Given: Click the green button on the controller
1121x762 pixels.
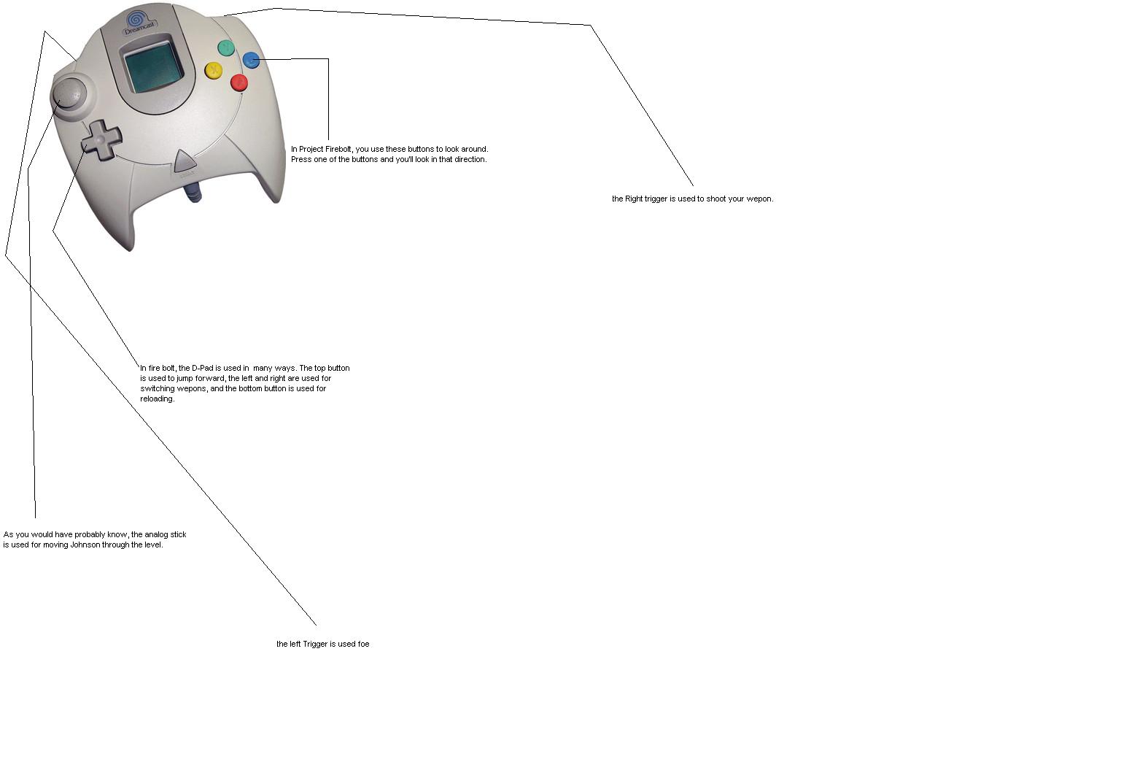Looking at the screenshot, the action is point(226,48).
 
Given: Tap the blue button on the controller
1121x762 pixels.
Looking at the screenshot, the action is point(251,60).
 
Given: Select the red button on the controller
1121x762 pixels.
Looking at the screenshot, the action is point(239,82).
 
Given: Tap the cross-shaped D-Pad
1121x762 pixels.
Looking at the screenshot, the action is point(101,139).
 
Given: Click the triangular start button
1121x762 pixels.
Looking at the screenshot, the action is point(185,161).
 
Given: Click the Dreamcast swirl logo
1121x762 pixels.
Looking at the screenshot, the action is point(135,18).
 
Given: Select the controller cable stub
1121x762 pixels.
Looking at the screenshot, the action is point(193,193).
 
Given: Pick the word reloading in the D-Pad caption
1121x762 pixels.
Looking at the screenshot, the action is point(157,399).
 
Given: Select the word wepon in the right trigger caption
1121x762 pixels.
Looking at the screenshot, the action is point(761,199).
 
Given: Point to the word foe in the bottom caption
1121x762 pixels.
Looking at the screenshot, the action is point(363,644).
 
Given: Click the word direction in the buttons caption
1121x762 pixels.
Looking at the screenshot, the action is point(470,159).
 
